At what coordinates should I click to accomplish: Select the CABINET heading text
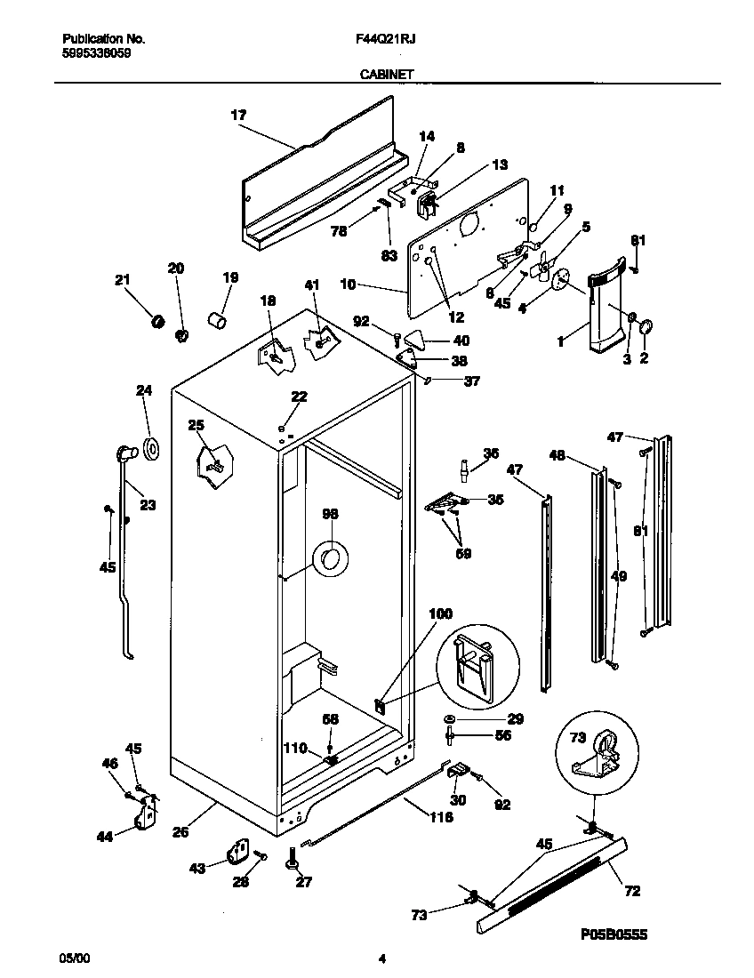(385, 76)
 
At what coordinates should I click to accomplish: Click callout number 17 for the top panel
(238, 115)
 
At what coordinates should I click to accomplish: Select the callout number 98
(330, 514)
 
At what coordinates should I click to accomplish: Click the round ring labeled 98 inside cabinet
(330, 559)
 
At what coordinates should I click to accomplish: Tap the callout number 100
(440, 613)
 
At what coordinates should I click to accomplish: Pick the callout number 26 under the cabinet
(180, 833)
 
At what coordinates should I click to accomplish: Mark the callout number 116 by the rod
(440, 816)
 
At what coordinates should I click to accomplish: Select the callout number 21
(122, 280)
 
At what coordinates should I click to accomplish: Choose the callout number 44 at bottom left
(104, 835)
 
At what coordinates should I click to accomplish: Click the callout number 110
(294, 748)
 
